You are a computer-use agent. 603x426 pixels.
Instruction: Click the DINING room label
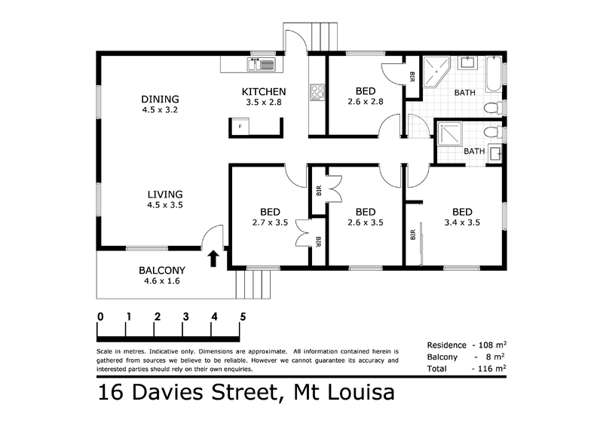click(x=160, y=99)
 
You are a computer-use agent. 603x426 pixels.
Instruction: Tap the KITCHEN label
click(x=264, y=91)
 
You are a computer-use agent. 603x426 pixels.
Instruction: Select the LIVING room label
click(x=165, y=195)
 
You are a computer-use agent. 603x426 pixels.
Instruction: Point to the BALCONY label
click(x=162, y=270)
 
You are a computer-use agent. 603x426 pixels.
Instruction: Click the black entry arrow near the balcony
click(x=214, y=259)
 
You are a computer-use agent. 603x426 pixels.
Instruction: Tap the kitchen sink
click(x=261, y=64)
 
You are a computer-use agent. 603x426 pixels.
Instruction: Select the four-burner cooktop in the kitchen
click(x=317, y=93)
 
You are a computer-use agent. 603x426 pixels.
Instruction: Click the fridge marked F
click(x=240, y=126)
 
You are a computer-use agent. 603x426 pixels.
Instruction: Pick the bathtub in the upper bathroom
click(x=494, y=75)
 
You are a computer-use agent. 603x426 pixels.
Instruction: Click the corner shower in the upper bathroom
click(x=436, y=72)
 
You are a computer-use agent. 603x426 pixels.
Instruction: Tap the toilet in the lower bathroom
click(x=493, y=133)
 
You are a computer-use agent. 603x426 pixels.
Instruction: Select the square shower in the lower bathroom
click(x=449, y=134)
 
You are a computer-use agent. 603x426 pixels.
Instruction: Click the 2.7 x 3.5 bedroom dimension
click(x=270, y=222)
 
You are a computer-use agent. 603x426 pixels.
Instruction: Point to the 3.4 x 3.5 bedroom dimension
click(x=462, y=222)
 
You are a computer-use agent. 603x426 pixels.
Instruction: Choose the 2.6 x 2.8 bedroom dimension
click(x=366, y=102)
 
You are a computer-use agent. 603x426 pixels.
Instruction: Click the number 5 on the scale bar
click(x=243, y=317)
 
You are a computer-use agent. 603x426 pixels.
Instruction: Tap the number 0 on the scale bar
click(x=100, y=317)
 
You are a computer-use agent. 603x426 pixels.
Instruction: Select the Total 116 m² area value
click(x=491, y=369)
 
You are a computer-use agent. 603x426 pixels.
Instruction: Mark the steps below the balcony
click(x=253, y=283)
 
